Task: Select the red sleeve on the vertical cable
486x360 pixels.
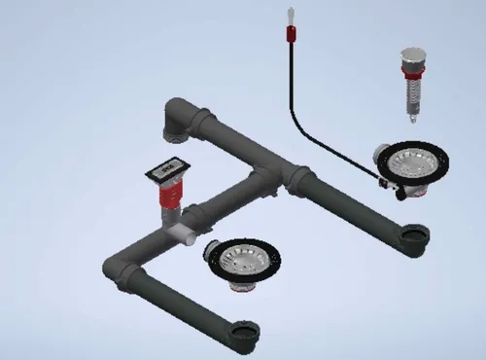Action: click(x=290, y=36)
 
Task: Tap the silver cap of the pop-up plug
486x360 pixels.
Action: click(x=411, y=57)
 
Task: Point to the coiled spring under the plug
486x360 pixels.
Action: click(x=411, y=95)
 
